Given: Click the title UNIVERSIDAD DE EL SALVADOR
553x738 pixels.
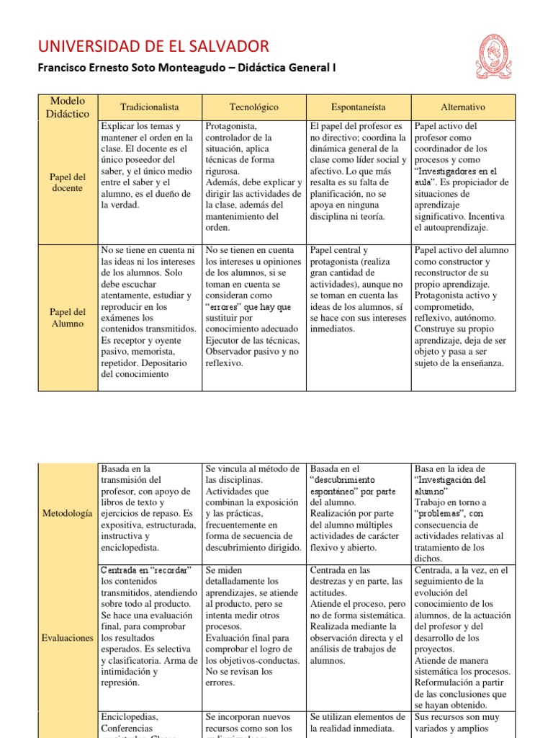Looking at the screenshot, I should [153, 47].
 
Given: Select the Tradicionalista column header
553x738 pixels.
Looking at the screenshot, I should [149, 107].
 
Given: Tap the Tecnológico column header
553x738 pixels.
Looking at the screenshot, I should [253, 107].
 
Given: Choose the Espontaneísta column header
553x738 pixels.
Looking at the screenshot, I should [358, 107].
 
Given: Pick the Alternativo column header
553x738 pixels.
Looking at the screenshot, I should [463, 107].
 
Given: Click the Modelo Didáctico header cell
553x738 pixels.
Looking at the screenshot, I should [68, 107].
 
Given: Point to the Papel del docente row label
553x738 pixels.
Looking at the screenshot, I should [68, 182].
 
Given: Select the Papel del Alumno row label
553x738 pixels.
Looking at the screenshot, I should [68, 317].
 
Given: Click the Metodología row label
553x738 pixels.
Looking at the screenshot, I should [68, 513].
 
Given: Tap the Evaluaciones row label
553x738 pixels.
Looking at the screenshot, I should [68, 638].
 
